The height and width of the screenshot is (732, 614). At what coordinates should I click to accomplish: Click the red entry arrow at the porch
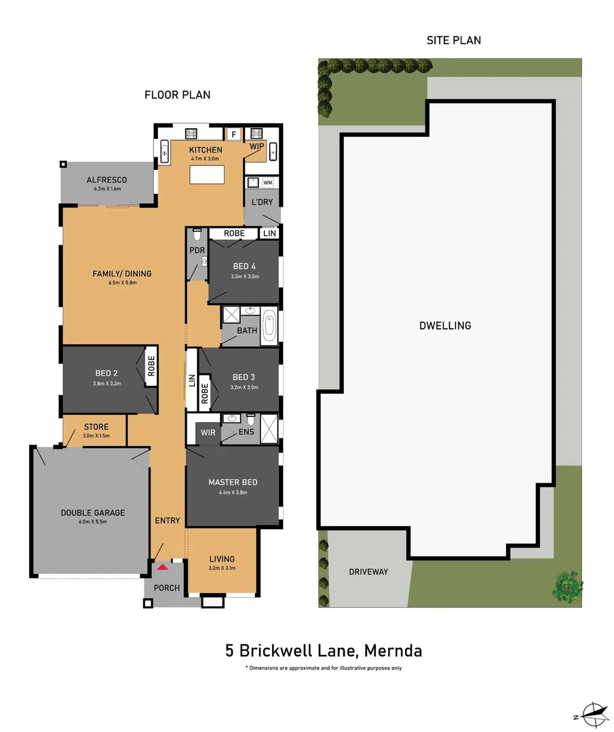[x=162, y=567]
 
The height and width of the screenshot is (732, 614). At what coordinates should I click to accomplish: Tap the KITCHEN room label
[x=206, y=150]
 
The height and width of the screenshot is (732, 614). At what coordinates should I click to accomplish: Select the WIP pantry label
[x=257, y=146]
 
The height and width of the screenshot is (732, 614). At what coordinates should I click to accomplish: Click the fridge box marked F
[x=233, y=134]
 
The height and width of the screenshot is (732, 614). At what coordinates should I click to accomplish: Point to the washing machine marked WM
[x=267, y=182]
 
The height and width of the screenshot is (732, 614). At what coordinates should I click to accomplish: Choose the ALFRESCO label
[x=107, y=180]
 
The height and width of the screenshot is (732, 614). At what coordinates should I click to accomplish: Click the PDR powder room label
[x=197, y=251]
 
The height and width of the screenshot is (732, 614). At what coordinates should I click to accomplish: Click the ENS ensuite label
[x=246, y=432]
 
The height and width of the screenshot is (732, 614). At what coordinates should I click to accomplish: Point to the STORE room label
[x=96, y=427]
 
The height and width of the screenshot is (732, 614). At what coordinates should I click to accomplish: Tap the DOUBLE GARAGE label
[x=93, y=513]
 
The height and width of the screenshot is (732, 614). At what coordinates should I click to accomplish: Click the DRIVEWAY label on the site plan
[x=368, y=572]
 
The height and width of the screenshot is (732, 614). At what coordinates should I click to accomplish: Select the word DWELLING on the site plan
[x=444, y=325]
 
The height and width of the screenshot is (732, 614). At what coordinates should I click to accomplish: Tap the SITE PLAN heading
[x=453, y=40]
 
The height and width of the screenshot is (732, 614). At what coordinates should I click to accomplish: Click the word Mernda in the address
[x=393, y=651]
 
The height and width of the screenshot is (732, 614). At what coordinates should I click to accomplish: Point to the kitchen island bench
[x=206, y=175]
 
